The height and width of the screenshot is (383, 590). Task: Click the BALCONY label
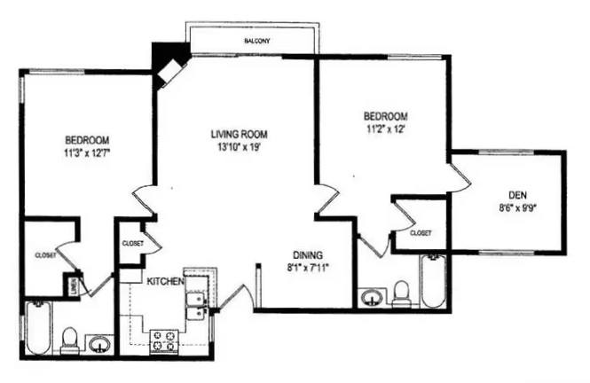256,42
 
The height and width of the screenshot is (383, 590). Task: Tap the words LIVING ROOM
239,135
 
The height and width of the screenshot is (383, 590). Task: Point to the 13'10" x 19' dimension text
240,147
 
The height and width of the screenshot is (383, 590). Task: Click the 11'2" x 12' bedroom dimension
385,129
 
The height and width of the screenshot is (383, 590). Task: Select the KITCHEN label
164,281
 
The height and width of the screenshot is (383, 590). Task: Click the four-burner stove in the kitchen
164,340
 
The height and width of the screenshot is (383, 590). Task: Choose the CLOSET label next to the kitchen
132,241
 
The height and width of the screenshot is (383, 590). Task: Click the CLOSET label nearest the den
421,232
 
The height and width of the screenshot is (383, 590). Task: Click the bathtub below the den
433,281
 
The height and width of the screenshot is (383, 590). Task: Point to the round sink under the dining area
371,295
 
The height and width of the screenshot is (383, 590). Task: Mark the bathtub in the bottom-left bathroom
37,329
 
